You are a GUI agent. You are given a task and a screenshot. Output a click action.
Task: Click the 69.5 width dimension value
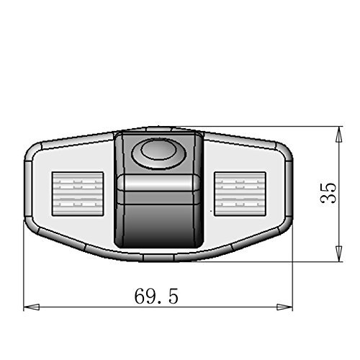pyautogui.click(x=156, y=296)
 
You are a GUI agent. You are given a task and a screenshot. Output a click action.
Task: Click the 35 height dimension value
pyautogui.click(x=328, y=193)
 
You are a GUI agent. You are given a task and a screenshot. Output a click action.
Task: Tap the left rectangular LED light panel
pyautogui.click(x=78, y=194)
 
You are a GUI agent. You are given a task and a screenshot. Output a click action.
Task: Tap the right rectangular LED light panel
pyautogui.click(x=240, y=194)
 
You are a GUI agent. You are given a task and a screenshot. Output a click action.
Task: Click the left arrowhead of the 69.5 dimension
pyautogui.click(x=32, y=307)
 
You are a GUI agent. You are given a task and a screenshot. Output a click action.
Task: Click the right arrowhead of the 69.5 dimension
pyautogui.click(x=284, y=307)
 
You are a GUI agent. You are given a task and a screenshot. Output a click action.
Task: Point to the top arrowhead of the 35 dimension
pyautogui.click(x=338, y=135)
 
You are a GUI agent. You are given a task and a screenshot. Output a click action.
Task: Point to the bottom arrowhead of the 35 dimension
pyautogui.click(x=338, y=253)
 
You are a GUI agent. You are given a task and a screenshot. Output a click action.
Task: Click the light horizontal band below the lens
pyautogui.click(x=158, y=183)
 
